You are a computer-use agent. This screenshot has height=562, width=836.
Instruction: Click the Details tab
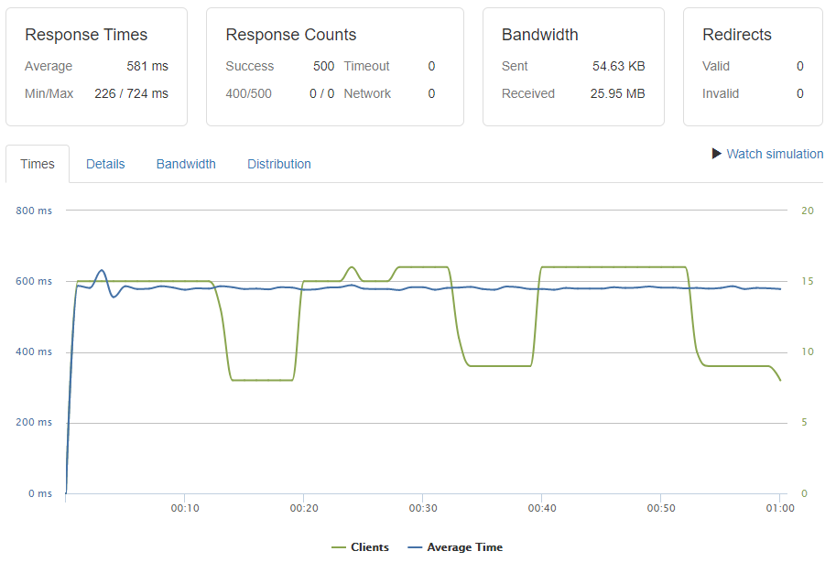coord(105,164)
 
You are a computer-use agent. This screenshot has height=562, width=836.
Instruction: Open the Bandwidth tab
coord(186,164)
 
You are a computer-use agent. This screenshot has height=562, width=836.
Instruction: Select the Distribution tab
coord(279,164)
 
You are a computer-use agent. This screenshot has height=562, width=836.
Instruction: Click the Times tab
coord(38,164)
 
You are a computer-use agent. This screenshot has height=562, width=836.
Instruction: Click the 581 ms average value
coord(147,66)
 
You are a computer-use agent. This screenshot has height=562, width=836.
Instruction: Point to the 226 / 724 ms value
coord(131,93)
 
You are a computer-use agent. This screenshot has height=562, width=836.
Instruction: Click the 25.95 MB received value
coord(611,93)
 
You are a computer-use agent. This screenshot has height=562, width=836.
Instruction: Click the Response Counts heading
coord(291,35)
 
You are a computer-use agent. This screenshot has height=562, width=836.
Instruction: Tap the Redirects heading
coord(737,35)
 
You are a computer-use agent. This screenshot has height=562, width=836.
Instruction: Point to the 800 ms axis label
coord(34,211)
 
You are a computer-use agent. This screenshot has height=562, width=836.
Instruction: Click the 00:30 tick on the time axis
coord(422,507)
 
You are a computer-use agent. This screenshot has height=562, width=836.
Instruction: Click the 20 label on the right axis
coord(807,211)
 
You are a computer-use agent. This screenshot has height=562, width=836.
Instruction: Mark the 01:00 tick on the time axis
coord(779,507)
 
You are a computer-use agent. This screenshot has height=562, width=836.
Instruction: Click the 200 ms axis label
coord(34,423)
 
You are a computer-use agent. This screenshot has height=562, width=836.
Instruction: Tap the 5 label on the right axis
coord(804,423)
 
